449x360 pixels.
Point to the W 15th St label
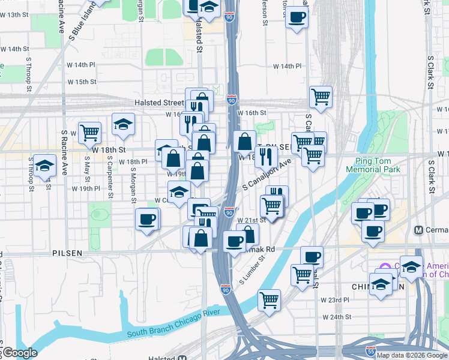82,82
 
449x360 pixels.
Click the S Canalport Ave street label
267,175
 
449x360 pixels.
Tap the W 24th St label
336,316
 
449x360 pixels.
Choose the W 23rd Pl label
334,299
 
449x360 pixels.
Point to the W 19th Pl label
85,188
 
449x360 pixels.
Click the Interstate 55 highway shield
372,349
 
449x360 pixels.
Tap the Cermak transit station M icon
420,230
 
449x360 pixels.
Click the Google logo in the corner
19,353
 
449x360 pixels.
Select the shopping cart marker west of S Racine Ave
89,131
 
